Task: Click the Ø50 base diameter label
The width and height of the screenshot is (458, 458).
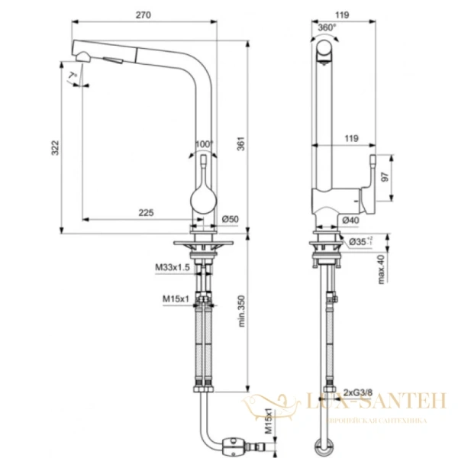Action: click(231, 221)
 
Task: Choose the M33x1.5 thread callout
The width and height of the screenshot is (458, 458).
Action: click(173, 267)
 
